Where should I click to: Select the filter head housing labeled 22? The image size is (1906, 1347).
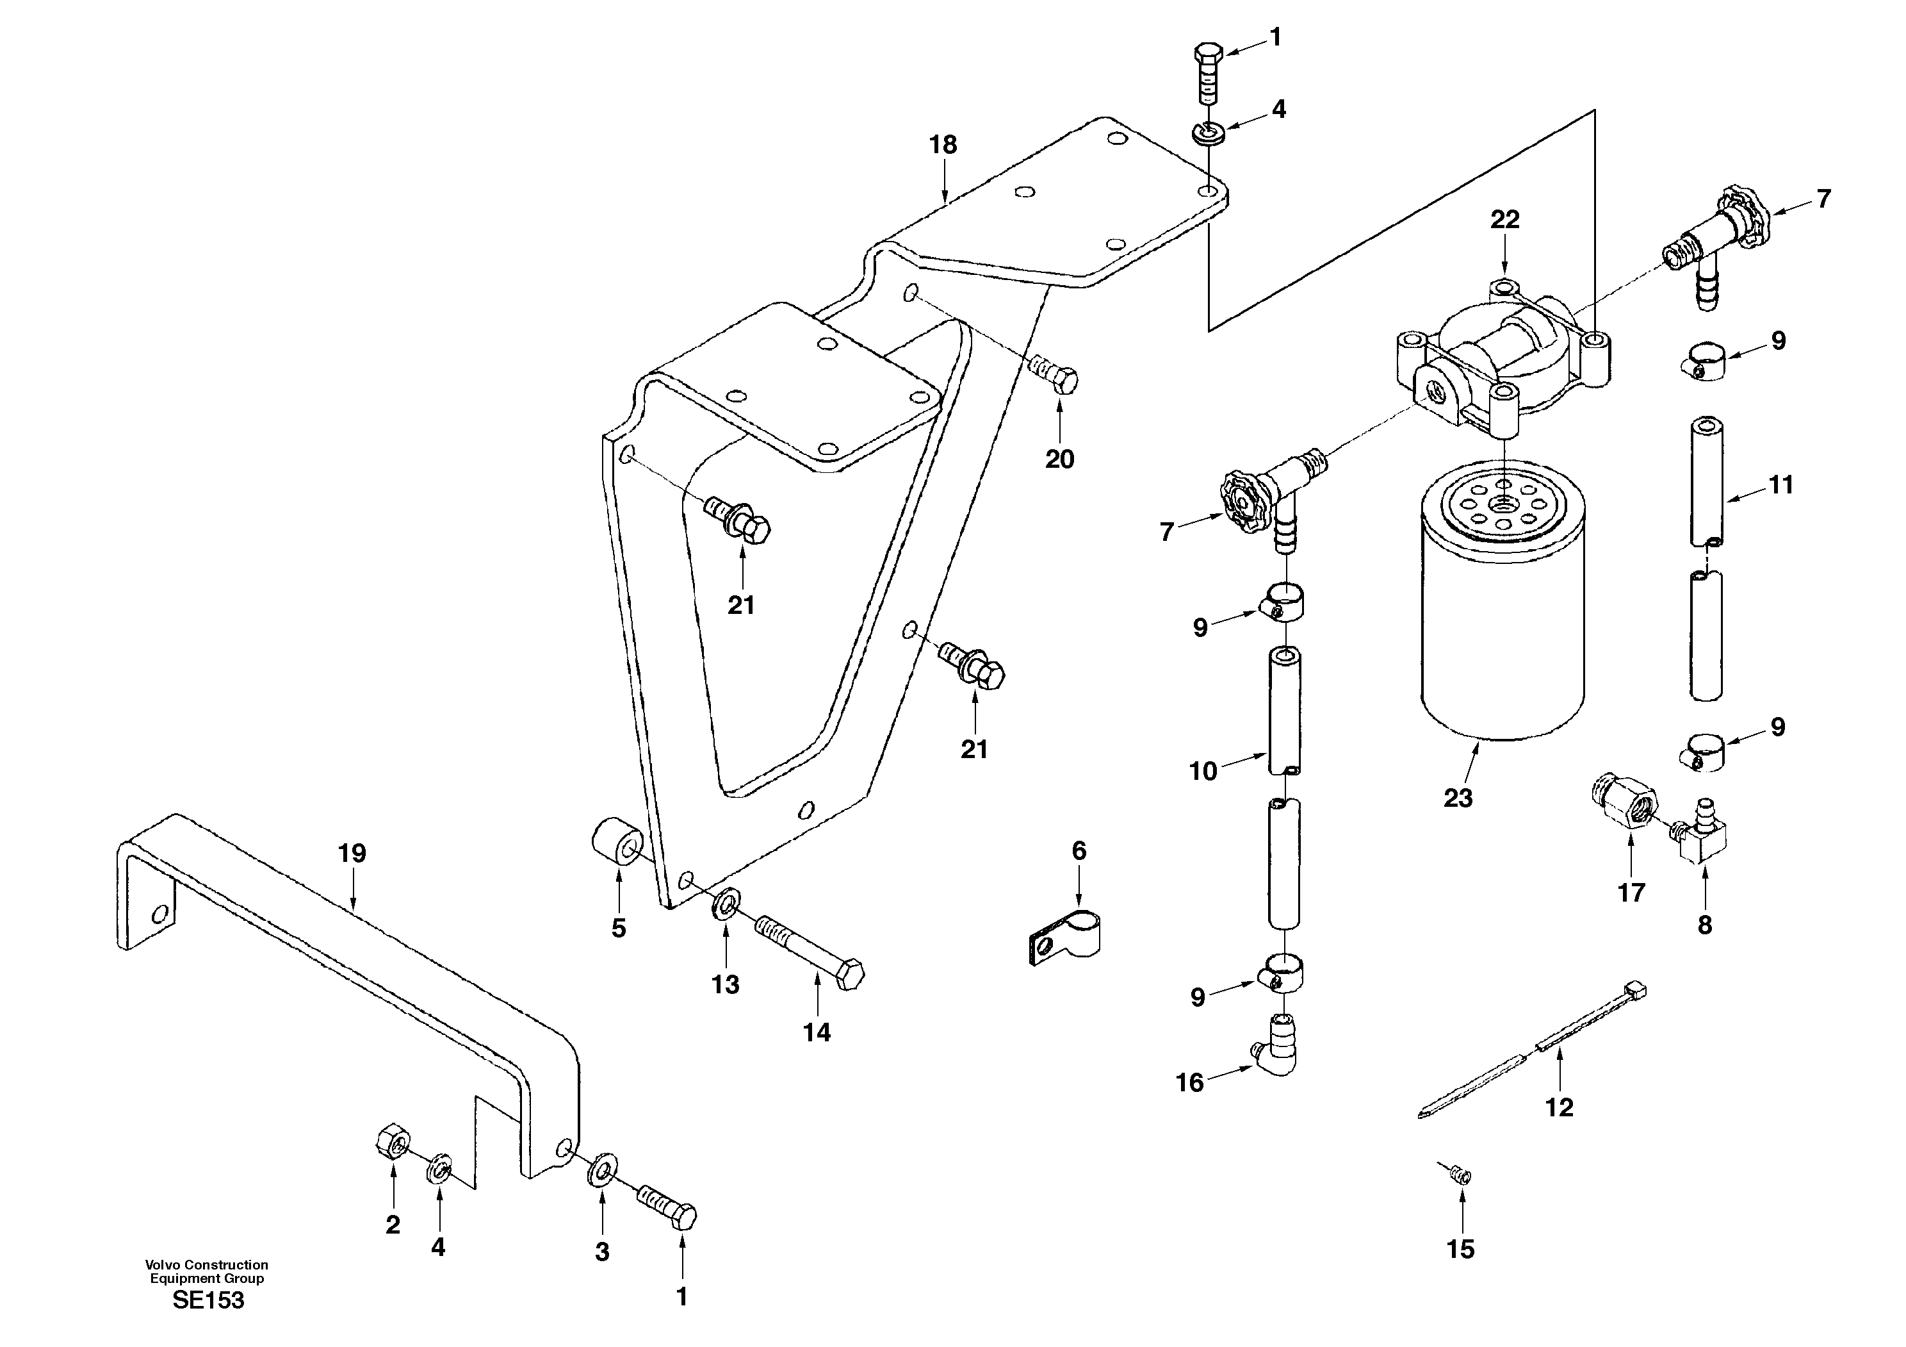[x=1503, y=357]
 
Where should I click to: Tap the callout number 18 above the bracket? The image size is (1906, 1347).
[x=943, y=145]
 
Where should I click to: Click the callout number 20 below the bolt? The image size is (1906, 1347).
[x=1059, y=459]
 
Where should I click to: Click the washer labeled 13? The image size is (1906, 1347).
[x=726, y=904]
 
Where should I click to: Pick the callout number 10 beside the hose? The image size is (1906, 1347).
[x=1203, y=772]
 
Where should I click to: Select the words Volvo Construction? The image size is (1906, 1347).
[x=207, y=1265]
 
